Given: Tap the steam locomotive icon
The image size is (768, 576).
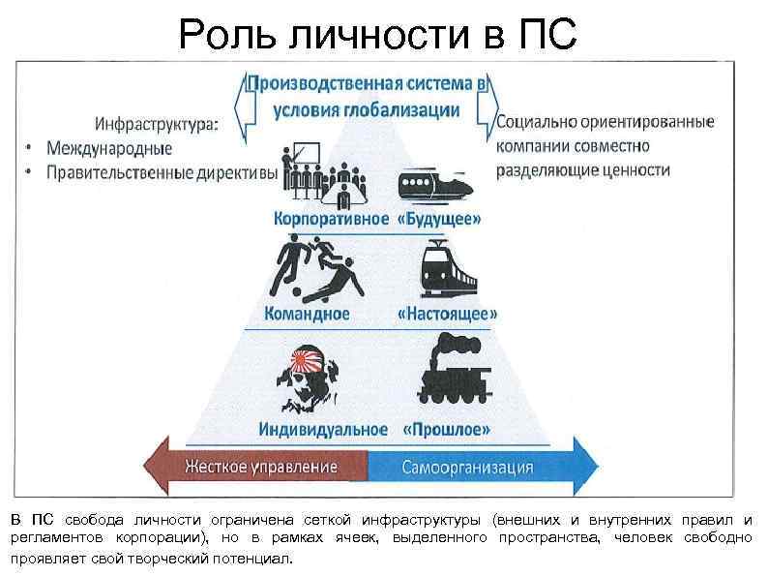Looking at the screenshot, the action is click(x=447, y=368).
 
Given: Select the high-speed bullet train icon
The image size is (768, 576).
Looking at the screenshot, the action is click(x=435, y=184).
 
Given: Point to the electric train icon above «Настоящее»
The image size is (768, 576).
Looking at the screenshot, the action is click(x=449, y=267).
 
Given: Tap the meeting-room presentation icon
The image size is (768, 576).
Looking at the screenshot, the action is click(x=319, y=174).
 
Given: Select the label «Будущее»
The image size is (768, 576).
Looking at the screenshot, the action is click(x=439, y=219).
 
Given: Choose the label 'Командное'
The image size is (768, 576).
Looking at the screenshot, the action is click(x=308, y=315).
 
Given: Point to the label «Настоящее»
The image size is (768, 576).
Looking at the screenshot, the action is click(x=448, y=315).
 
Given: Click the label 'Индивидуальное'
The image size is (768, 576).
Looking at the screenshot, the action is click(x=323, y=428).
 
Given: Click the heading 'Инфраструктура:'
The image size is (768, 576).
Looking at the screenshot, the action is click(x=155, y=126).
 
